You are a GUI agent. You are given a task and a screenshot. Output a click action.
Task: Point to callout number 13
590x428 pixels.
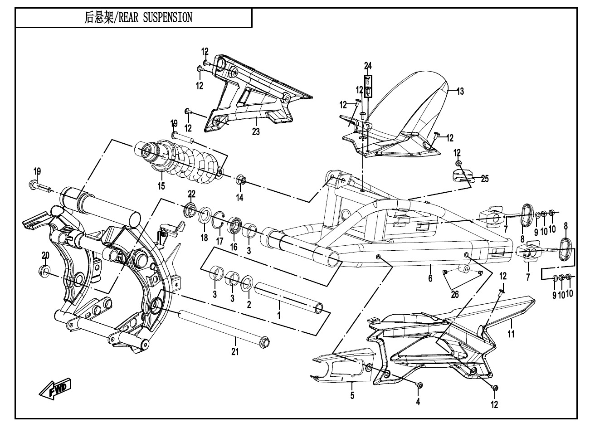460,92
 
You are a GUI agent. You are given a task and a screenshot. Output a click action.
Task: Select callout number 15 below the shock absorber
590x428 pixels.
161,186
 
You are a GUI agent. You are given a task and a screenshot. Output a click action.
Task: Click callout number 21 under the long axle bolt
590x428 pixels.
235,350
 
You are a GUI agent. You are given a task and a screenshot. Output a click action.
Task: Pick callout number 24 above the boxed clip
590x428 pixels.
367,64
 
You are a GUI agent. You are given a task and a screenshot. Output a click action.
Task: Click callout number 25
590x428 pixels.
485,179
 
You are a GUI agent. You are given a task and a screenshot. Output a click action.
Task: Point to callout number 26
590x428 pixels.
455,295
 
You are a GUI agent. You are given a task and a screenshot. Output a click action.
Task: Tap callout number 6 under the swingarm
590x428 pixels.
430,278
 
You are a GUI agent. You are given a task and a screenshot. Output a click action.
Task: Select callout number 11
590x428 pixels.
511,335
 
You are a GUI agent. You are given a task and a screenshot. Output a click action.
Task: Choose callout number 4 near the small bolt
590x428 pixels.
418,402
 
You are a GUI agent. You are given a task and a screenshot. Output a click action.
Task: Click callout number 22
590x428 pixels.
191,195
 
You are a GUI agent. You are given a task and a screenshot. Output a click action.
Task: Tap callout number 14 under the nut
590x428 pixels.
240,197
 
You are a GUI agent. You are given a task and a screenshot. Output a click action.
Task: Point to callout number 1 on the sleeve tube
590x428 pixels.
279,314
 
